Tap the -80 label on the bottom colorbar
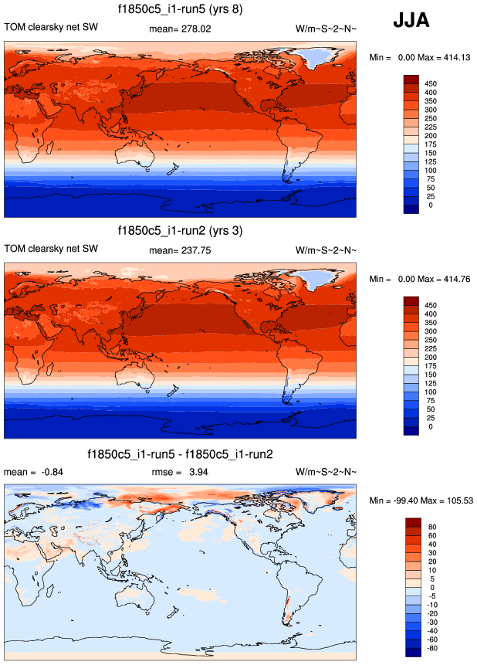point(431,648)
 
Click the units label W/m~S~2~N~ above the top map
point(326,29)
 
